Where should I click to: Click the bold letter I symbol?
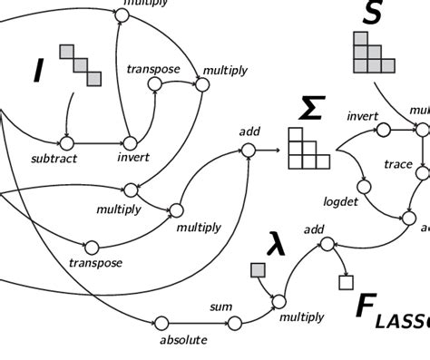click(x=38, y=70)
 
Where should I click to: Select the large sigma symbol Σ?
click(x=311, y=110)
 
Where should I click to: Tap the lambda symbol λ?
click(x=276, y=243)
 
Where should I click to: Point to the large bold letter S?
click(x=372, y=13)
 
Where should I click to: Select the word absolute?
click(x=183, y=340)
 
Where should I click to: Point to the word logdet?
click(x=341, y=201)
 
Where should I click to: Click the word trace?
click(x=397, y=164)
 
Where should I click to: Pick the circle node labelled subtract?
click(x=65, y=142)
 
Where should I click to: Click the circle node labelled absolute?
click(x=161, y=323)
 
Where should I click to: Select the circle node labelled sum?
click(x=235, y=323)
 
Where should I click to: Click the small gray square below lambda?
click(x=258, y=270)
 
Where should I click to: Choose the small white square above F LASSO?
click(x=345, y=282)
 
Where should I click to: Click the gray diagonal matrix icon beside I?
click(x=81, y=64)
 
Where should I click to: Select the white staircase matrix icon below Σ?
click(x=306, y=149)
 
